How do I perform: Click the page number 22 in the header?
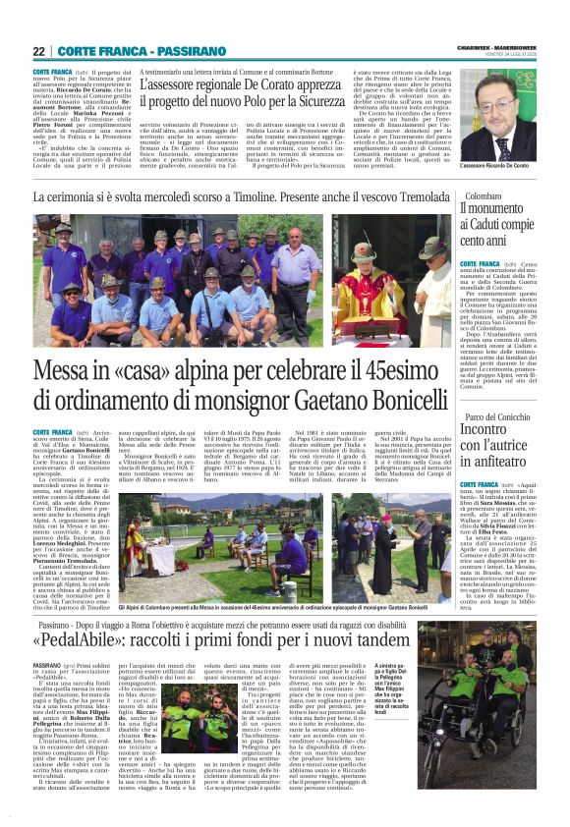click(38, 51)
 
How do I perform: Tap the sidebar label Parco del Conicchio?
click(496, 418)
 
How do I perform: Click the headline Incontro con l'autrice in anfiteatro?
click(497, 447)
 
